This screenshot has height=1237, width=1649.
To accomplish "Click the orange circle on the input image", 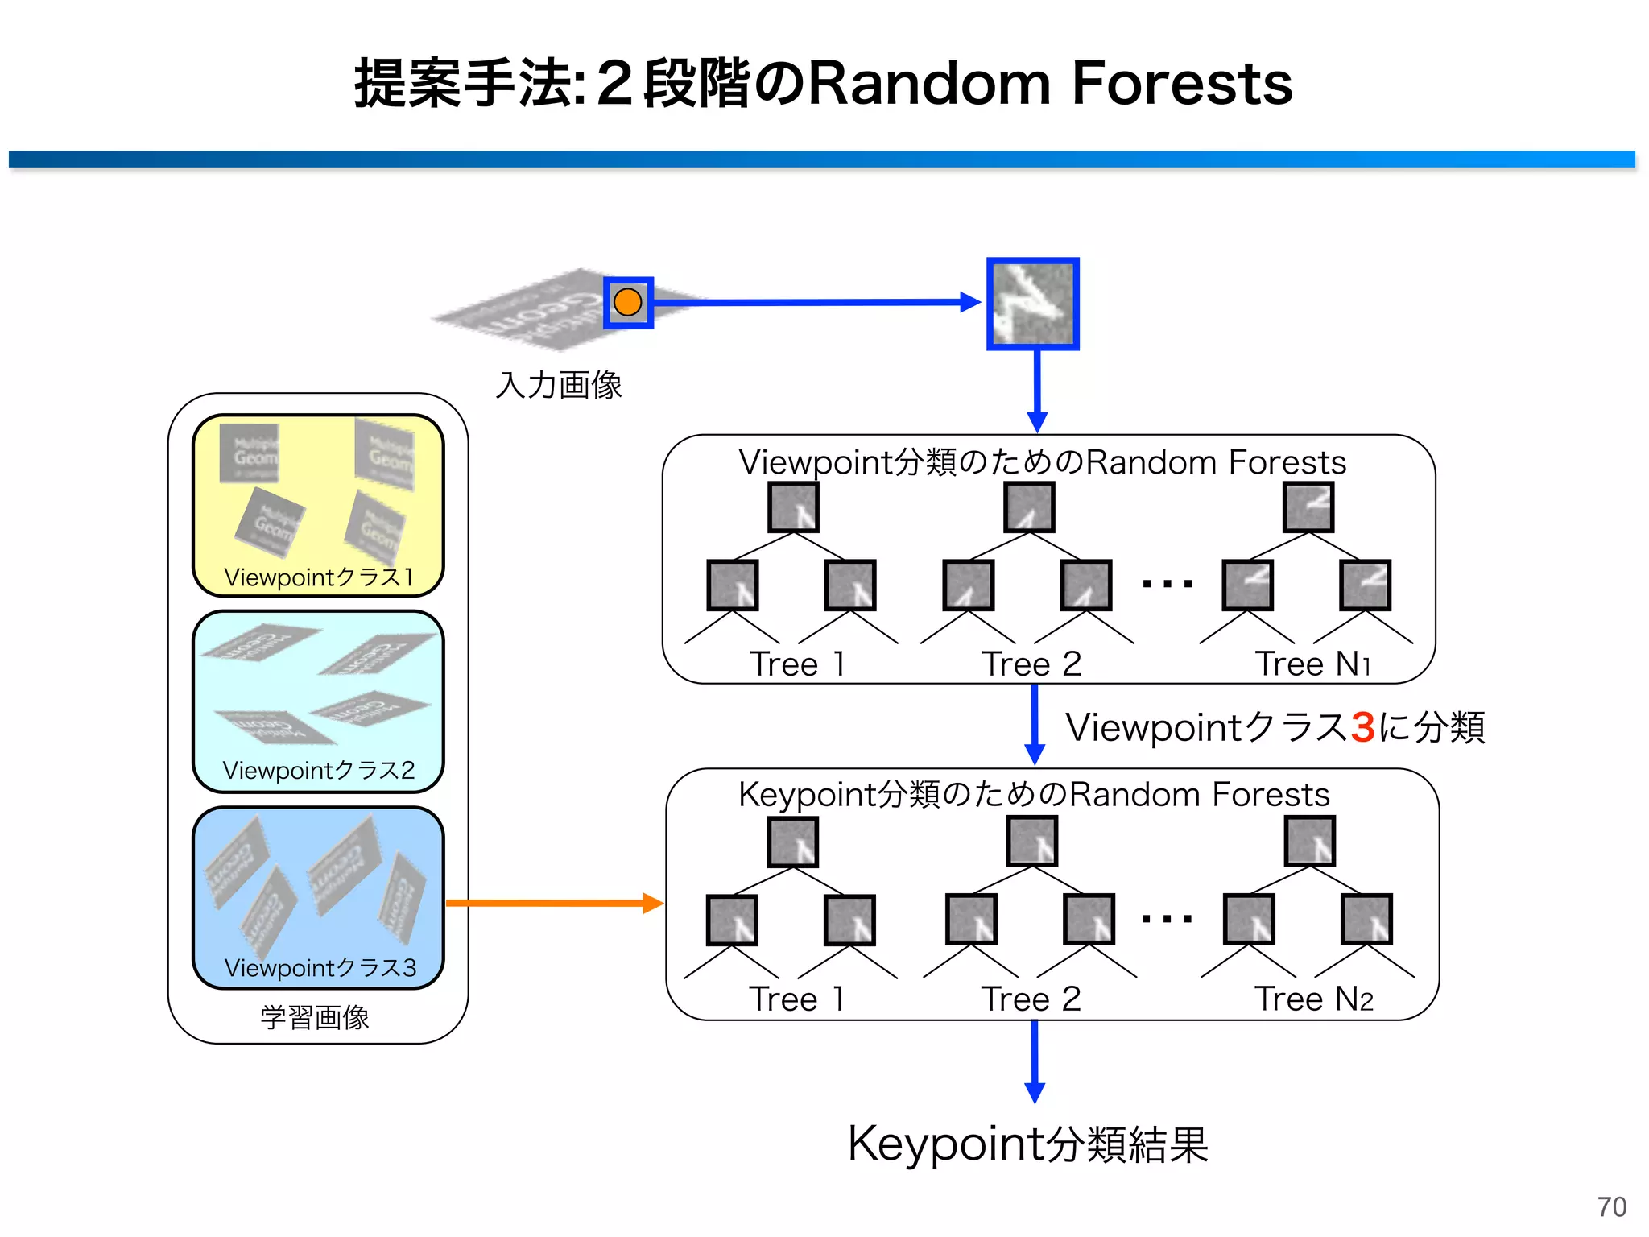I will pos(627,302).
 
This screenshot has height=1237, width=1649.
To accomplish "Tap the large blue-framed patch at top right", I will pos(1033,304).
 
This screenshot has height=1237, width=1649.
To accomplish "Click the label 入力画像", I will pos(558,385).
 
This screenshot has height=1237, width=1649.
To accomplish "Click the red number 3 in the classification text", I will pos(1362,727).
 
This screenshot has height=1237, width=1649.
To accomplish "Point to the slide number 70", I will pos(1611,1206).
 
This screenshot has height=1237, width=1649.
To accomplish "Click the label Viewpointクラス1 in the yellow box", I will pos(319,577).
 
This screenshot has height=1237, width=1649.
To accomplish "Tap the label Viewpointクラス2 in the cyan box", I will pos(319,770).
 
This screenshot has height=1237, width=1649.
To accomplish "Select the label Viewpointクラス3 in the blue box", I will pos(320,967).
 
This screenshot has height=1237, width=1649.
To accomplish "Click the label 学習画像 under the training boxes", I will pos(315,1017).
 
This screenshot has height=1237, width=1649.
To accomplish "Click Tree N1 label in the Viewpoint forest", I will pos(1312,664).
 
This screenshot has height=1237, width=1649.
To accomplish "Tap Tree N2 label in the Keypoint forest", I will pos(1313,999).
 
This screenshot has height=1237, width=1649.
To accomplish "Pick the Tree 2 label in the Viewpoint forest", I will pos(1031,664).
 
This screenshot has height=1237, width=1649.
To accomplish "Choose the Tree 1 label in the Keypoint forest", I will pos(796,999).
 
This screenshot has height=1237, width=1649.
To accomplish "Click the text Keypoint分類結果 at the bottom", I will pos(1028,1144).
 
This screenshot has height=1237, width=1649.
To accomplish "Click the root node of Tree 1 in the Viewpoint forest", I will pos(793,507).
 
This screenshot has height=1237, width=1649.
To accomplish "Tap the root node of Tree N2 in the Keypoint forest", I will pos(1310,841).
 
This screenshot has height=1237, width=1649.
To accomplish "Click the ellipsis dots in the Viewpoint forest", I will pos(1167,583).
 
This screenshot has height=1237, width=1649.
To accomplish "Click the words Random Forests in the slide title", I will pos(1050,83).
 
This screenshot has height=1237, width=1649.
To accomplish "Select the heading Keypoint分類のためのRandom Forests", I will pos(1034,794).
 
